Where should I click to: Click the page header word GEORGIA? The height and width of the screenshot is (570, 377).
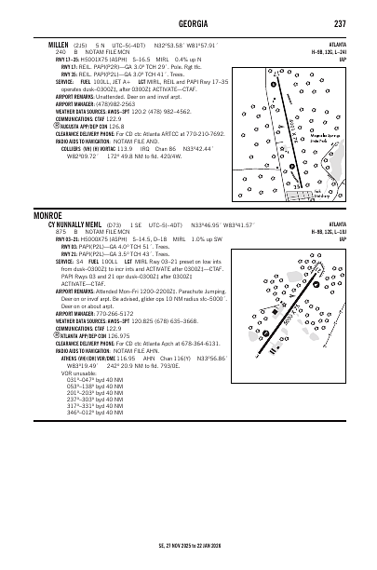point(188,23)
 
